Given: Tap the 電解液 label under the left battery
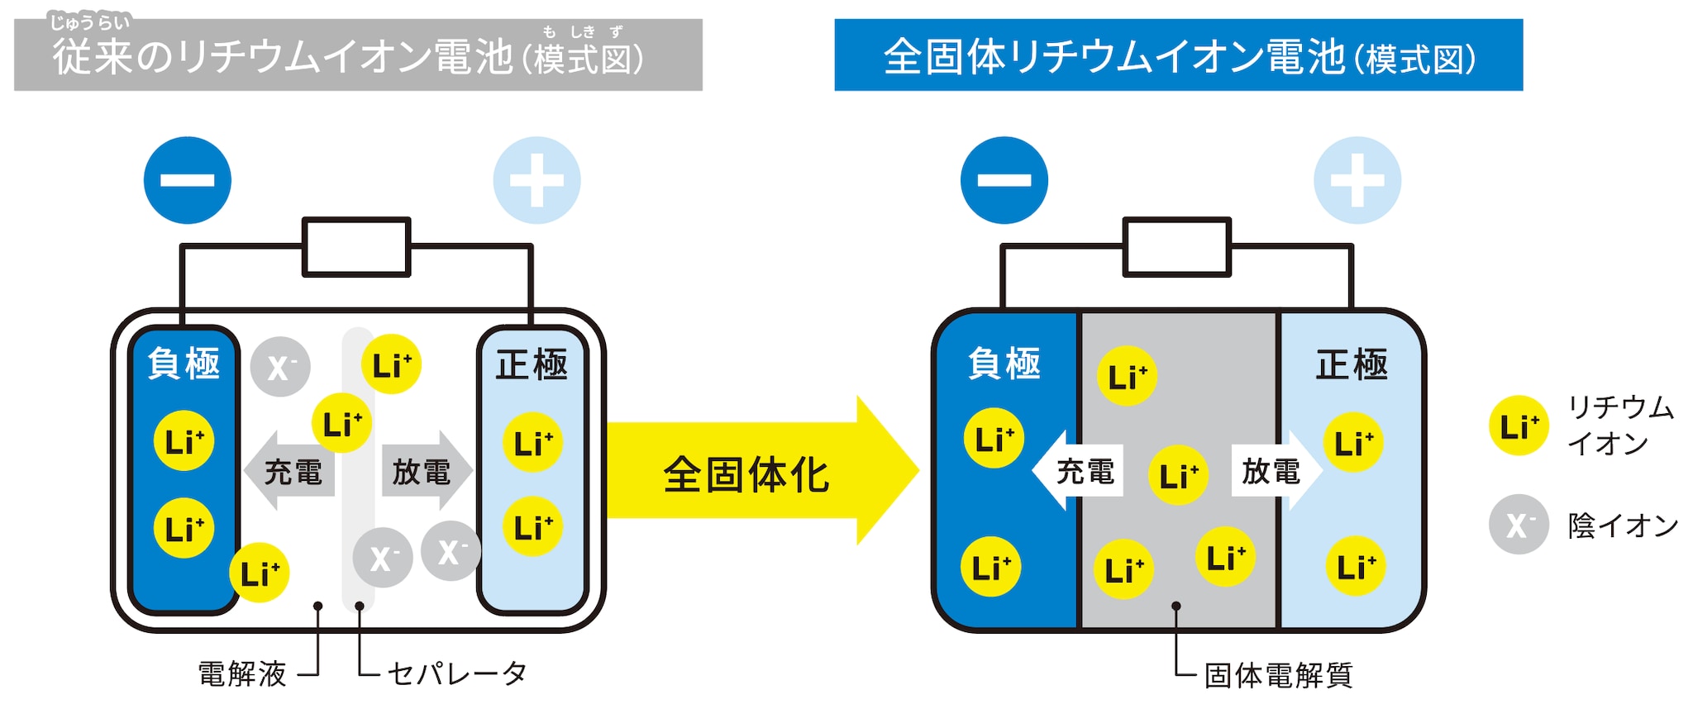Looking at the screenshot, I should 242,674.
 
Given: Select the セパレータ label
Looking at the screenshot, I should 457,674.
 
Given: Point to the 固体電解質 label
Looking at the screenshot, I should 1278,675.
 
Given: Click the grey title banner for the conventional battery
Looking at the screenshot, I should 358,55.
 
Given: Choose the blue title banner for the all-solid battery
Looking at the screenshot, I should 1178,55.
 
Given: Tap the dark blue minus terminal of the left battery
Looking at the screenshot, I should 187,180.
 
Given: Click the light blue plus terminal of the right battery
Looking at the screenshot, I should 1357,180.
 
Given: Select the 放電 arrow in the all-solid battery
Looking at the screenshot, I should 1274,471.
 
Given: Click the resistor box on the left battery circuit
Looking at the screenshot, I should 356,246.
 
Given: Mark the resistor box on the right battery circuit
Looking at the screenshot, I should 1176,246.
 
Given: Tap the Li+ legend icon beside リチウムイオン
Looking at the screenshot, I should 1519,426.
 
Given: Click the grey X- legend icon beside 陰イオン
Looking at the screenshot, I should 1519,525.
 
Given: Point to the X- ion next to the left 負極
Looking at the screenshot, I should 280,366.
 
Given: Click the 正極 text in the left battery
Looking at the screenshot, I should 532,364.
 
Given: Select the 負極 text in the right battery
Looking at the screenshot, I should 1004,364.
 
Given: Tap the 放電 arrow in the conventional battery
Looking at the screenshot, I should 425,471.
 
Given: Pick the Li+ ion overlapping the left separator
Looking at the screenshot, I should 341,424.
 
